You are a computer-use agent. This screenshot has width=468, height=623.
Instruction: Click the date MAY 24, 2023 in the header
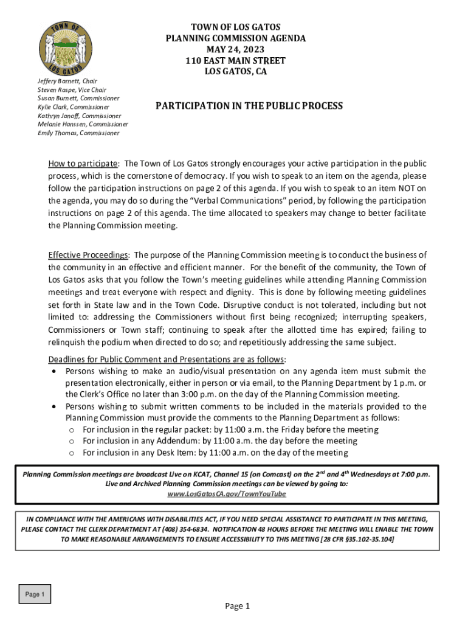tap(236, 49)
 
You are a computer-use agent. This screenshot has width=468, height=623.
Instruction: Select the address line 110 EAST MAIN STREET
tap(236, 61)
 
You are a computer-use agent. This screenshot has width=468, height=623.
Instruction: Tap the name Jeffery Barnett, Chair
tap(67, 81)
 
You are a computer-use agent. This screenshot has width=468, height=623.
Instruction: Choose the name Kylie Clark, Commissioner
tap(74, 107)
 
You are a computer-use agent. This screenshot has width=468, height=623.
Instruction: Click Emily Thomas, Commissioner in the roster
tap(78, 133)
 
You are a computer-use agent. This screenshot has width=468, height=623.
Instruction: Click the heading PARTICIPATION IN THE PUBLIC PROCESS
tap(249, 106)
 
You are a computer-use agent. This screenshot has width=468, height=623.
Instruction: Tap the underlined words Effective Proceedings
tap(88, 254)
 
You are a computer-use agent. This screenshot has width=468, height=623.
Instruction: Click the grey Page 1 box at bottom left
tap(35, 594)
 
